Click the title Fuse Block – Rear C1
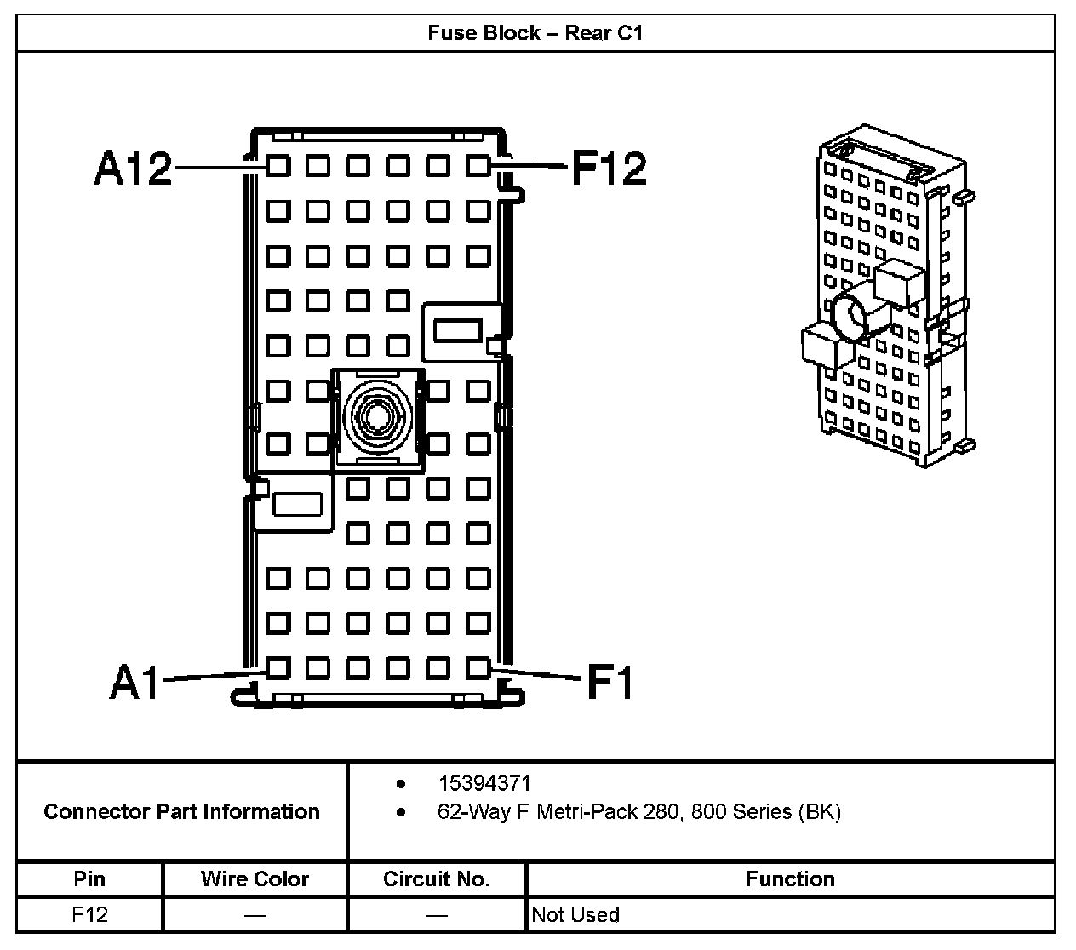tap(535, 33)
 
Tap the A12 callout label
tap(132, 168)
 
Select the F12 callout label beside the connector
tap(609, 168)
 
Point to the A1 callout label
tap(134, 681)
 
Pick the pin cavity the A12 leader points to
tap(278, 165)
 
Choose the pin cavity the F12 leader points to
tap(478, 165)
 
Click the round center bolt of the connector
tap(377, 417)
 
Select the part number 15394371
tap(484, 783)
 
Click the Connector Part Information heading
tap(181, 811)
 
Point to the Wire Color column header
tap(255, 878)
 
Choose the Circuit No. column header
tap(436, 878)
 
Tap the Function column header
tap(790, 878)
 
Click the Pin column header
tap(89, 878)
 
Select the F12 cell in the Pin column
tap(89, 915)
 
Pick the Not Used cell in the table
tap(575, 915)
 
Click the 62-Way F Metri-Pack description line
tap(638, 812)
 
